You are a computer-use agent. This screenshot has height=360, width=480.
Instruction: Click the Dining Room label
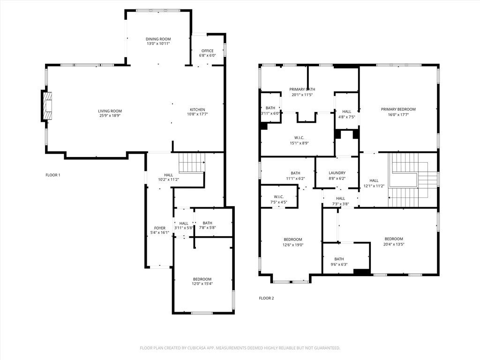click(x=157, y=39)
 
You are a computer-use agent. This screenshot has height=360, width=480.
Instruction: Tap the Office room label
click(x=207, y=51)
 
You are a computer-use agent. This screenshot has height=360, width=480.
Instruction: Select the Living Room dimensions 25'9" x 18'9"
click(x=110, y=116)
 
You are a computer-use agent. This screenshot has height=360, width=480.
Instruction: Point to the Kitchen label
click(x=197, y=110)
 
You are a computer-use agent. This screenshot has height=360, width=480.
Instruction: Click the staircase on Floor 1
click(x=191, y=163)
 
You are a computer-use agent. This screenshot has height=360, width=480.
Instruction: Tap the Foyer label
click(x=159, y=228)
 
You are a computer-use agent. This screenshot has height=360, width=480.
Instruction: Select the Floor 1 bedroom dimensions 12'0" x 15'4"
click(x=202, y=284)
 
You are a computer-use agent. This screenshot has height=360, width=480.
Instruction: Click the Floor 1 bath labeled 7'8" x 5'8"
click(x=207, y=225)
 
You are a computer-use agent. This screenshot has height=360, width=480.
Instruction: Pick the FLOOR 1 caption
click(x=53, y=175)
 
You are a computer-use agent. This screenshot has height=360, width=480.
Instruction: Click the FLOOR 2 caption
click(x=266, y=298)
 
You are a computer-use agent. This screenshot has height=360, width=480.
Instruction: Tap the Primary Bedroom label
click(x=398, y=109)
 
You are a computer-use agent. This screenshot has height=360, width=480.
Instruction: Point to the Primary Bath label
click(x=302, y=89)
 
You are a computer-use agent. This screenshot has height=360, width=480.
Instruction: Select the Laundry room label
click(x=337, y=173)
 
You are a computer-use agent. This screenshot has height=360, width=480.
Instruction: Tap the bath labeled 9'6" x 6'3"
click(x=339, y=262)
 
